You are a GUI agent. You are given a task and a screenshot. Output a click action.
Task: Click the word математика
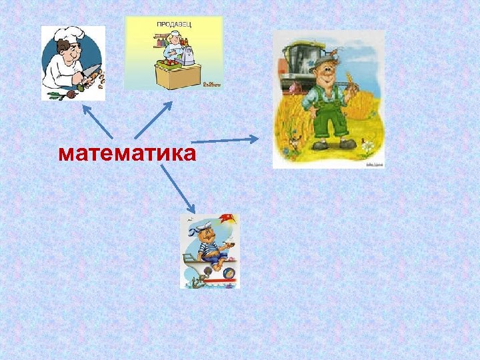click(x=127, y=154)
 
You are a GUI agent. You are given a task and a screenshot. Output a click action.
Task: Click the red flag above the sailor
click(x=228, y=219)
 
